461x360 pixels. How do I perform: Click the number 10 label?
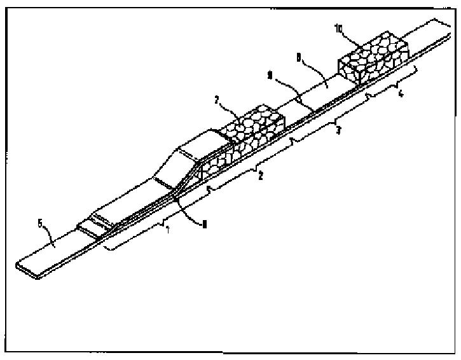click(x=339, y=27)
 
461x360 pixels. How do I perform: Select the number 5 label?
click(x=41, y=223)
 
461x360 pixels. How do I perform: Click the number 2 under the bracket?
click(x=259, y=176)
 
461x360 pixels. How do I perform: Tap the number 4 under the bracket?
click(x=399, y=94)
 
